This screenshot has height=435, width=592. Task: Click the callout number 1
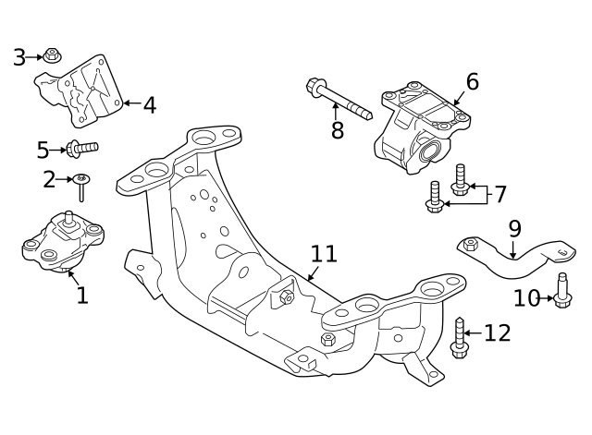pyautogui.click(x=81, y=296)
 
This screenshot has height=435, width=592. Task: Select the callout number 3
pyautogui.click(x=19, y=58)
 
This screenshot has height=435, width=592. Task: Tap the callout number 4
pyautogui.click(x=149, y=105)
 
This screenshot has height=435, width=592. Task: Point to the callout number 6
pyautogui.click(x=472, y=82)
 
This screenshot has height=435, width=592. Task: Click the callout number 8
pyautogui.click(x=338, y=131)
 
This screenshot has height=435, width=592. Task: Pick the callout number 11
pyautogui.click(x=324, y=253)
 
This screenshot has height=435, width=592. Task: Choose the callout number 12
pyautogui.click(x=498, y=333)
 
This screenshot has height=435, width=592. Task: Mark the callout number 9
pyautogui.click(x=514, y=228)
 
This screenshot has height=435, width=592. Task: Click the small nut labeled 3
pyautogui.click(x=53, y=55)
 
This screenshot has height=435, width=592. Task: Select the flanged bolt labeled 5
pyautogui.click(x=80, y=147)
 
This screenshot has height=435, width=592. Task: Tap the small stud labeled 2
pyautogui.click(x=81, y=186)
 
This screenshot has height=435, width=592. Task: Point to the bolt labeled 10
pyautogui.click(x=562, y=291)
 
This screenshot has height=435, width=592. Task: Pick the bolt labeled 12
pyautogui.click(x=460, y=338)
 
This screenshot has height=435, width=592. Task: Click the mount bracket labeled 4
pyautogui.click(x=83, y=90)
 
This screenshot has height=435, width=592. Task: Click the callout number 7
pyautogui.click(x=499, y=195)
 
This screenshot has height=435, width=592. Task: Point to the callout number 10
pyautogui.click(x=526, y=298)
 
